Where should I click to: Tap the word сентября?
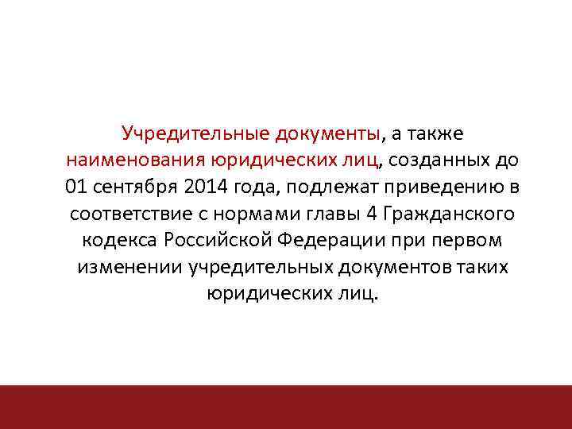click(131, 187)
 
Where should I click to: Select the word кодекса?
click(119, 241)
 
